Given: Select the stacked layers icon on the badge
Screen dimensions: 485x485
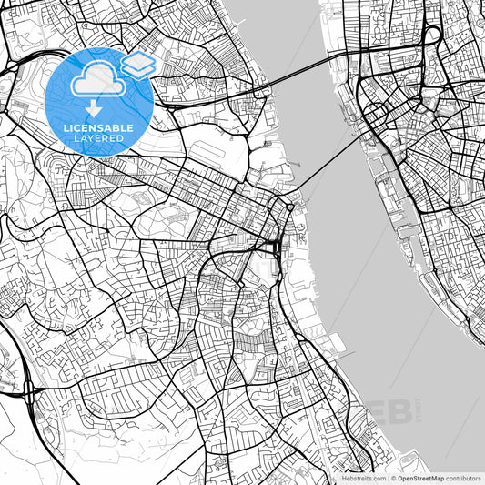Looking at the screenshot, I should (138, 64).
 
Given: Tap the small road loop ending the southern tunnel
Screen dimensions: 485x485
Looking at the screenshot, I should (289, 208).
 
